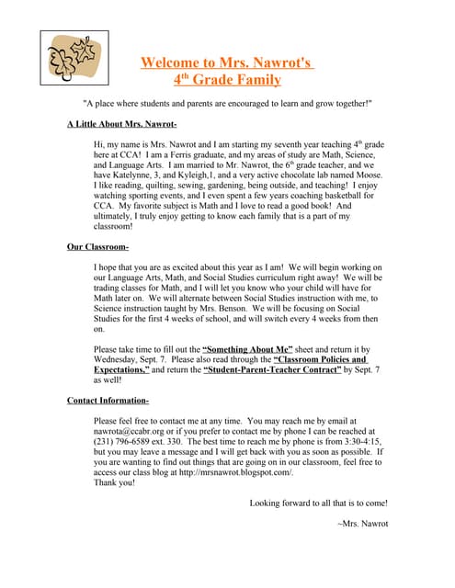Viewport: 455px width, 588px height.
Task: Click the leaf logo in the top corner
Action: [74, 60]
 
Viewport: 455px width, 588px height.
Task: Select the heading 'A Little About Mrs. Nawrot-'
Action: [121, 123]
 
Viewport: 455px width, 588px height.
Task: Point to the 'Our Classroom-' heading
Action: [97, 247]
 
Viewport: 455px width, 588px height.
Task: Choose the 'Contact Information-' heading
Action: [108, 401]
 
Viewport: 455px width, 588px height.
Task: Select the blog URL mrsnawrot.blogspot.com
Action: [232, 472]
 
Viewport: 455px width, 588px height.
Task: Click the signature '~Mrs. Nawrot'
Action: [363, 524]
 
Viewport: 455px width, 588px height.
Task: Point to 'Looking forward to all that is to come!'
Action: [318, 503]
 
